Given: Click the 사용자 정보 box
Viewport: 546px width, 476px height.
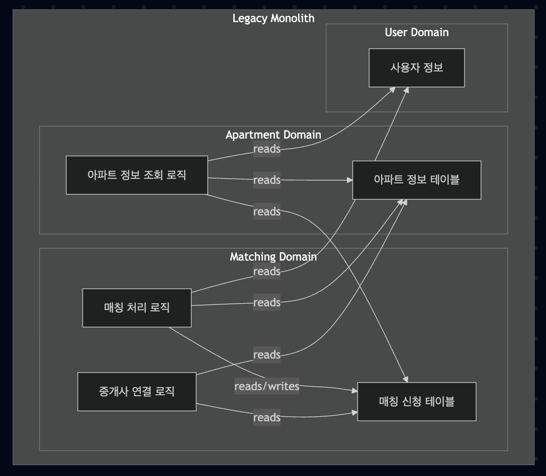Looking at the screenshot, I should tap(416, 68).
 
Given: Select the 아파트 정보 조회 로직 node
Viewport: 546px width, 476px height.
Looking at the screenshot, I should tap(137, 175).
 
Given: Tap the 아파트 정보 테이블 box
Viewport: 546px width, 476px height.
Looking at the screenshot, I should tap(416, 180).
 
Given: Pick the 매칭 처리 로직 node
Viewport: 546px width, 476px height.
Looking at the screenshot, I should tap(137, 307).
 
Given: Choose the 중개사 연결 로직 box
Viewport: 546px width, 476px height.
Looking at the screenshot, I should tap(137, 391).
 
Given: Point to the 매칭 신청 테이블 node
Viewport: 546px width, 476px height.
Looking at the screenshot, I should tap(416, 401).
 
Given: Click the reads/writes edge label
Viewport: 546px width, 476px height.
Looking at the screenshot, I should tap(266, 386).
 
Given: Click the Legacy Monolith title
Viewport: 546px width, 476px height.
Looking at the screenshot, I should tap(273, 19).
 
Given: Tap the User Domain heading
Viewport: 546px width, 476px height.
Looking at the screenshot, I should tap(416, 33).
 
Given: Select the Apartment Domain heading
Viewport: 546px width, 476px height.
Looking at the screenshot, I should tap(273, 135).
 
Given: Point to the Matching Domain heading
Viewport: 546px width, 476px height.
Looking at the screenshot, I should tap(273, 257).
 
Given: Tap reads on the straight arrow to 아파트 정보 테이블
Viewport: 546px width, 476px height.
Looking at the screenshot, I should tap(266, 180).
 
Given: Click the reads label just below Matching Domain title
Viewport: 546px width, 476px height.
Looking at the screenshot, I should tap(266, 272).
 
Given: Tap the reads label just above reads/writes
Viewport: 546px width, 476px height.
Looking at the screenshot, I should tap(266, 355).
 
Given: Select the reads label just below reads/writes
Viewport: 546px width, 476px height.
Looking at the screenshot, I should tap(266, 417).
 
